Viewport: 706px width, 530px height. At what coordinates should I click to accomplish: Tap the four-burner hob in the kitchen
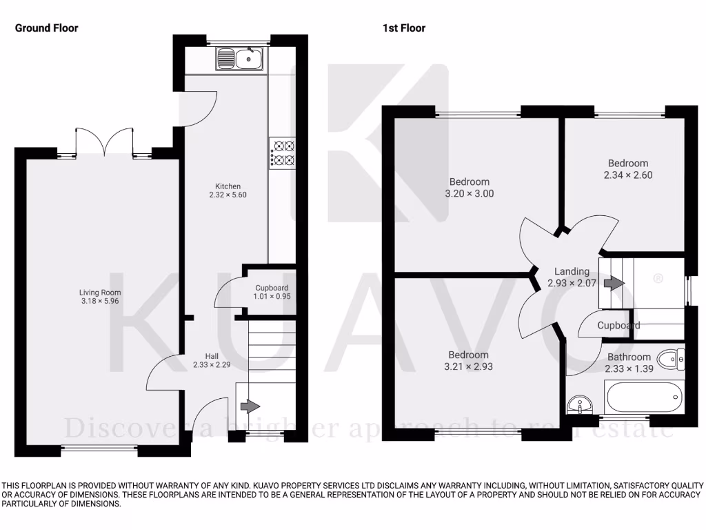click(283, 153)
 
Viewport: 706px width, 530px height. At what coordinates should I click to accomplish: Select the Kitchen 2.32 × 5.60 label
click(228, 190)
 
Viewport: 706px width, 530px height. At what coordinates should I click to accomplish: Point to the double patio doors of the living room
click(104, 141)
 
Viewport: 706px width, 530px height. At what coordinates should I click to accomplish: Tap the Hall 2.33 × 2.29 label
click(210, 360)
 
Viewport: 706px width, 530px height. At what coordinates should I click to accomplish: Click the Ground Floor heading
click(47, 28)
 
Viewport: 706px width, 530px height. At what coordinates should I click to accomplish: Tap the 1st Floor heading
click(404, 28)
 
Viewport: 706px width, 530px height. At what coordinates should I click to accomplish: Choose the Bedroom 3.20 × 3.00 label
click(469, 188)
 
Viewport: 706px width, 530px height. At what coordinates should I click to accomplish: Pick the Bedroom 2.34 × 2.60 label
click(627, 169)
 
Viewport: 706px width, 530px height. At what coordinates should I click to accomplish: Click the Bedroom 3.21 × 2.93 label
click(469, 361)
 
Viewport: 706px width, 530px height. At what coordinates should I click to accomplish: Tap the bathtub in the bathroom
click(644, 397)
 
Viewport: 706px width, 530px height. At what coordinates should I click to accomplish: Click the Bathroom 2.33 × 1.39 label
click(628, 363)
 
